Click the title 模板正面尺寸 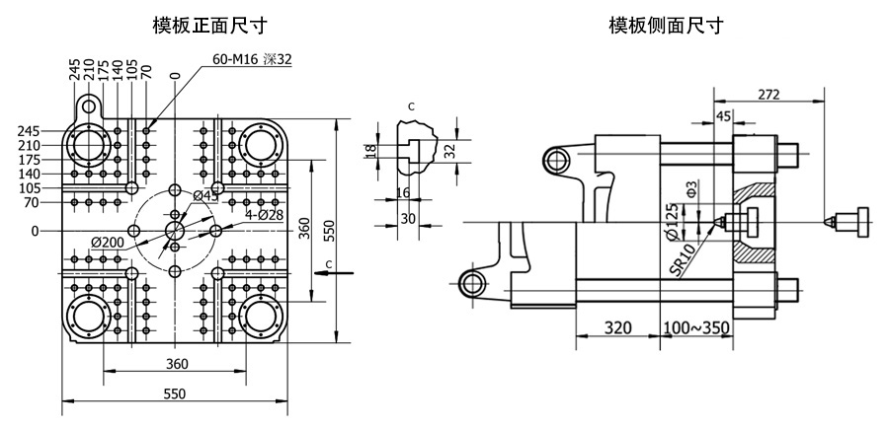pyautogui.click(x=209, y=26)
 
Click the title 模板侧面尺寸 pyautogui.click(x=666, y=26)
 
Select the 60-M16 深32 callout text pyautogui.click(x=252, y=59)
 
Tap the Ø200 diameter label pyautogui.click(x=107, y=243)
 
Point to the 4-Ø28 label pyautogui.click(x=264, y=215)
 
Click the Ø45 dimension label pyautogui.click(x=205, y=196)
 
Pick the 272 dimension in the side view pyautogui.click(x=768, y=95)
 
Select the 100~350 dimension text pyautogui.click(x=696, y=327)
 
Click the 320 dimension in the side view pyautogui.click(x=617, y=327)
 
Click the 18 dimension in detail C pyautogui.click(x=371, y=151)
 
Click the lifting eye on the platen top pyautogui.click(x=89, y=106)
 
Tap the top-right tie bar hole pyautogui.click(x=260, y=145)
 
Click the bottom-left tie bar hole pyautogui.click(x=89, y=317)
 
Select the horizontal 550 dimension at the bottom pyautogui.click(x=174, y=393)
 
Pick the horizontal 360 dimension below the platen pyautogui.click(x=177, y=364)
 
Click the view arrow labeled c pyautogui.click(x=334, y=273)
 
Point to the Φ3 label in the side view pyautogui.click(x=690, y=187)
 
